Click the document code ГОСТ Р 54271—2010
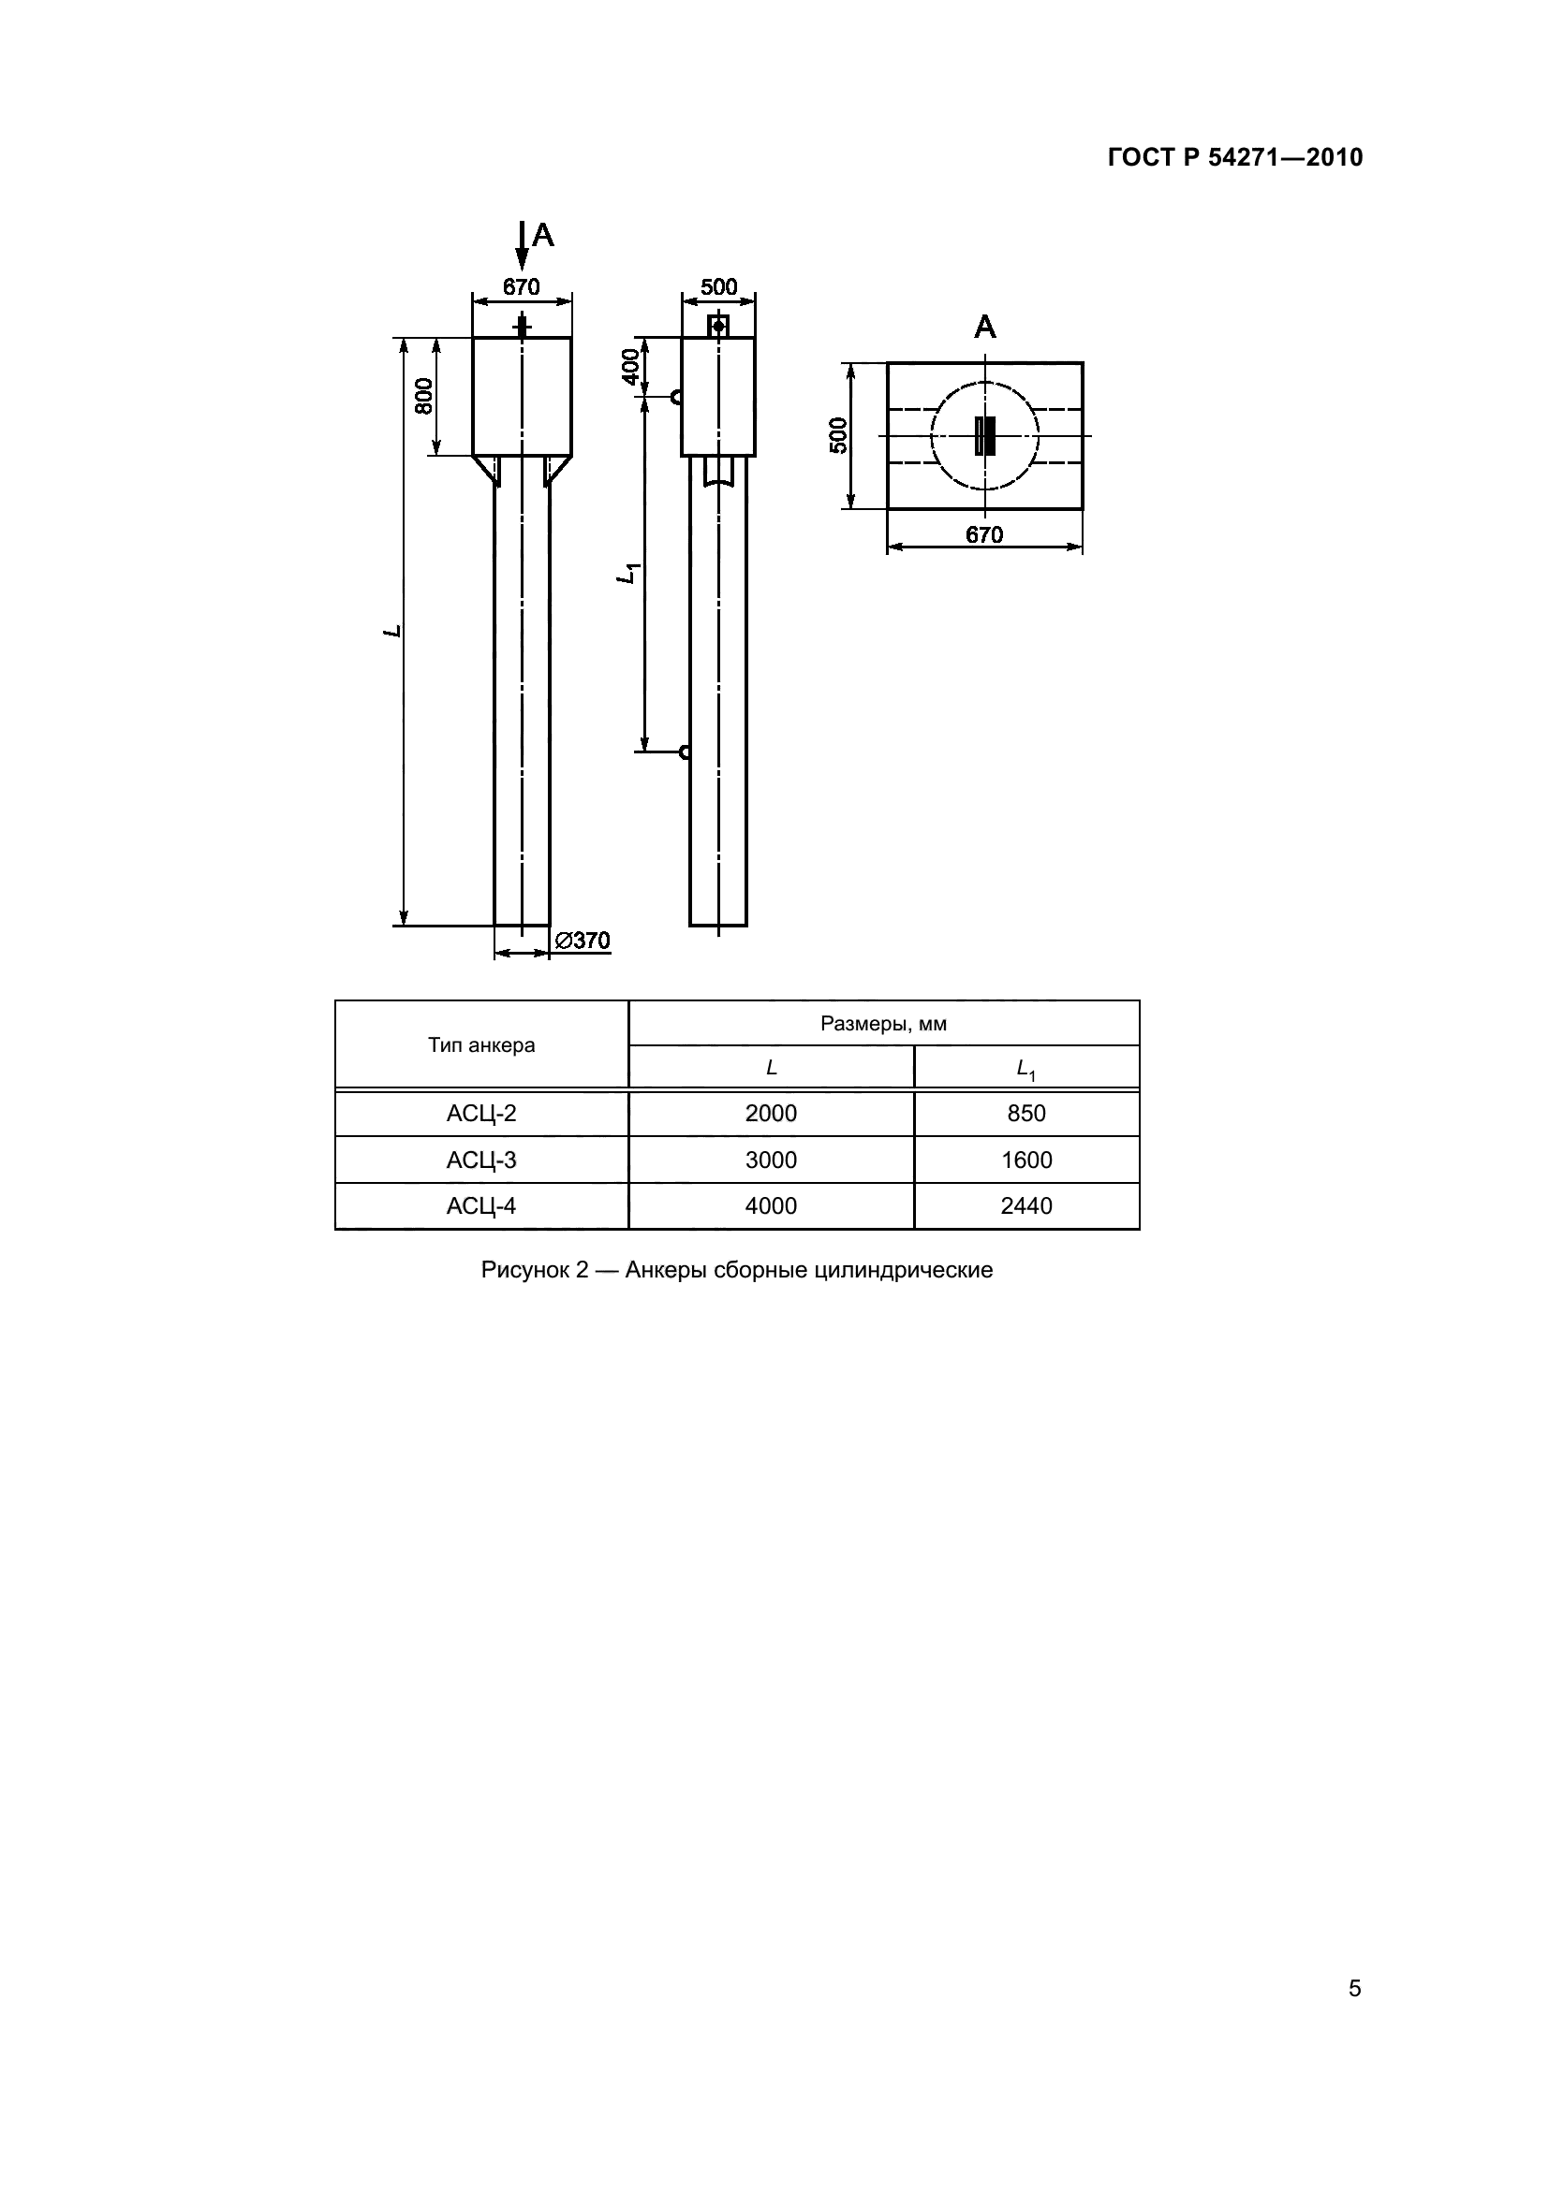click(1235, 157)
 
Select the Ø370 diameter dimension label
click(582, 941)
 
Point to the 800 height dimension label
click(423, 396)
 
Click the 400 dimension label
click(630, 366)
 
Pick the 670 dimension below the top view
click(984, 535)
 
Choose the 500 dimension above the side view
click(718, 287)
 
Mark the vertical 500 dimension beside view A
click(838, 436)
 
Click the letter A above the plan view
click(984, 328)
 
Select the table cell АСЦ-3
click(480, 1160)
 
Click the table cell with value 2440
click(1026, 1206)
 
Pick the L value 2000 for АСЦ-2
click(771, 1113)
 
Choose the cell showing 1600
click(1026, 1160)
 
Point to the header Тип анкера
click(480, 1045)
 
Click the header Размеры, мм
click(883, 1024)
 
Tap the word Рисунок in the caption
click(524, 1270)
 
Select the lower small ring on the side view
click(685, 752)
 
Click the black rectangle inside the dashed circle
click(984, 436)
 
